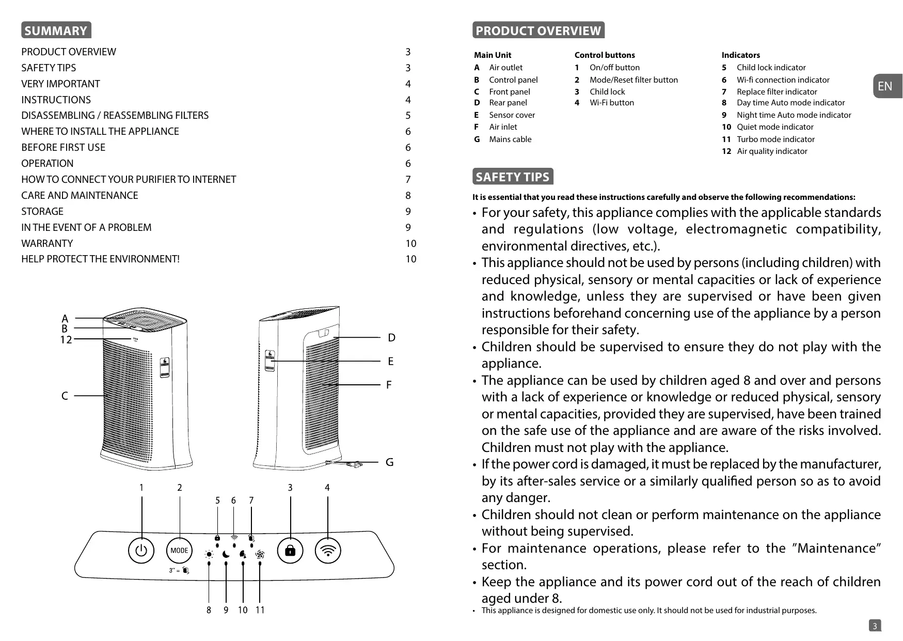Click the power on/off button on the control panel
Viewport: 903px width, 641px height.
[x=141, y=550]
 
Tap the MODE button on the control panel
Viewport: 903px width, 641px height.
[x=179, y=550]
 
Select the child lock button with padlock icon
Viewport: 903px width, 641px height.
[x=290, y=550]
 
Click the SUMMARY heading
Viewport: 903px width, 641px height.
[x=56, y=30]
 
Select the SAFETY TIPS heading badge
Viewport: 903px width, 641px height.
[x=513, y=177]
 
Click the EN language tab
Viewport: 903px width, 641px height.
[x=885, y=86]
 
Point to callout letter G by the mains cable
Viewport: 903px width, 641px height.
[x=389, y=462]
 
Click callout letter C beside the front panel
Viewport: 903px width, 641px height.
[x=65, y=396]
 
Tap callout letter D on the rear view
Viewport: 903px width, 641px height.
[x=391, y=338]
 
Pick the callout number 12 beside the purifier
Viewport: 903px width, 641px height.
[x=66, y=340]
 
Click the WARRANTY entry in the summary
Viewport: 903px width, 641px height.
[x=47, y=243]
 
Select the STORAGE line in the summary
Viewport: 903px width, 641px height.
[x=42, y=211]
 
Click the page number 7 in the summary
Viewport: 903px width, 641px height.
[x=408, y=179]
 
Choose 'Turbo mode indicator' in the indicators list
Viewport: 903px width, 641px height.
[x=775, y=139]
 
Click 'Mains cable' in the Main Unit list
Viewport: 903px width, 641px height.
[x=510, y=139]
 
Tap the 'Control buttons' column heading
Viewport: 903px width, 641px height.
[x=605, y=55]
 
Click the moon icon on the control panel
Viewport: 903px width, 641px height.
[x=226, y=555]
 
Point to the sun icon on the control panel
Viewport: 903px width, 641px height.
[x=209, y=555]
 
